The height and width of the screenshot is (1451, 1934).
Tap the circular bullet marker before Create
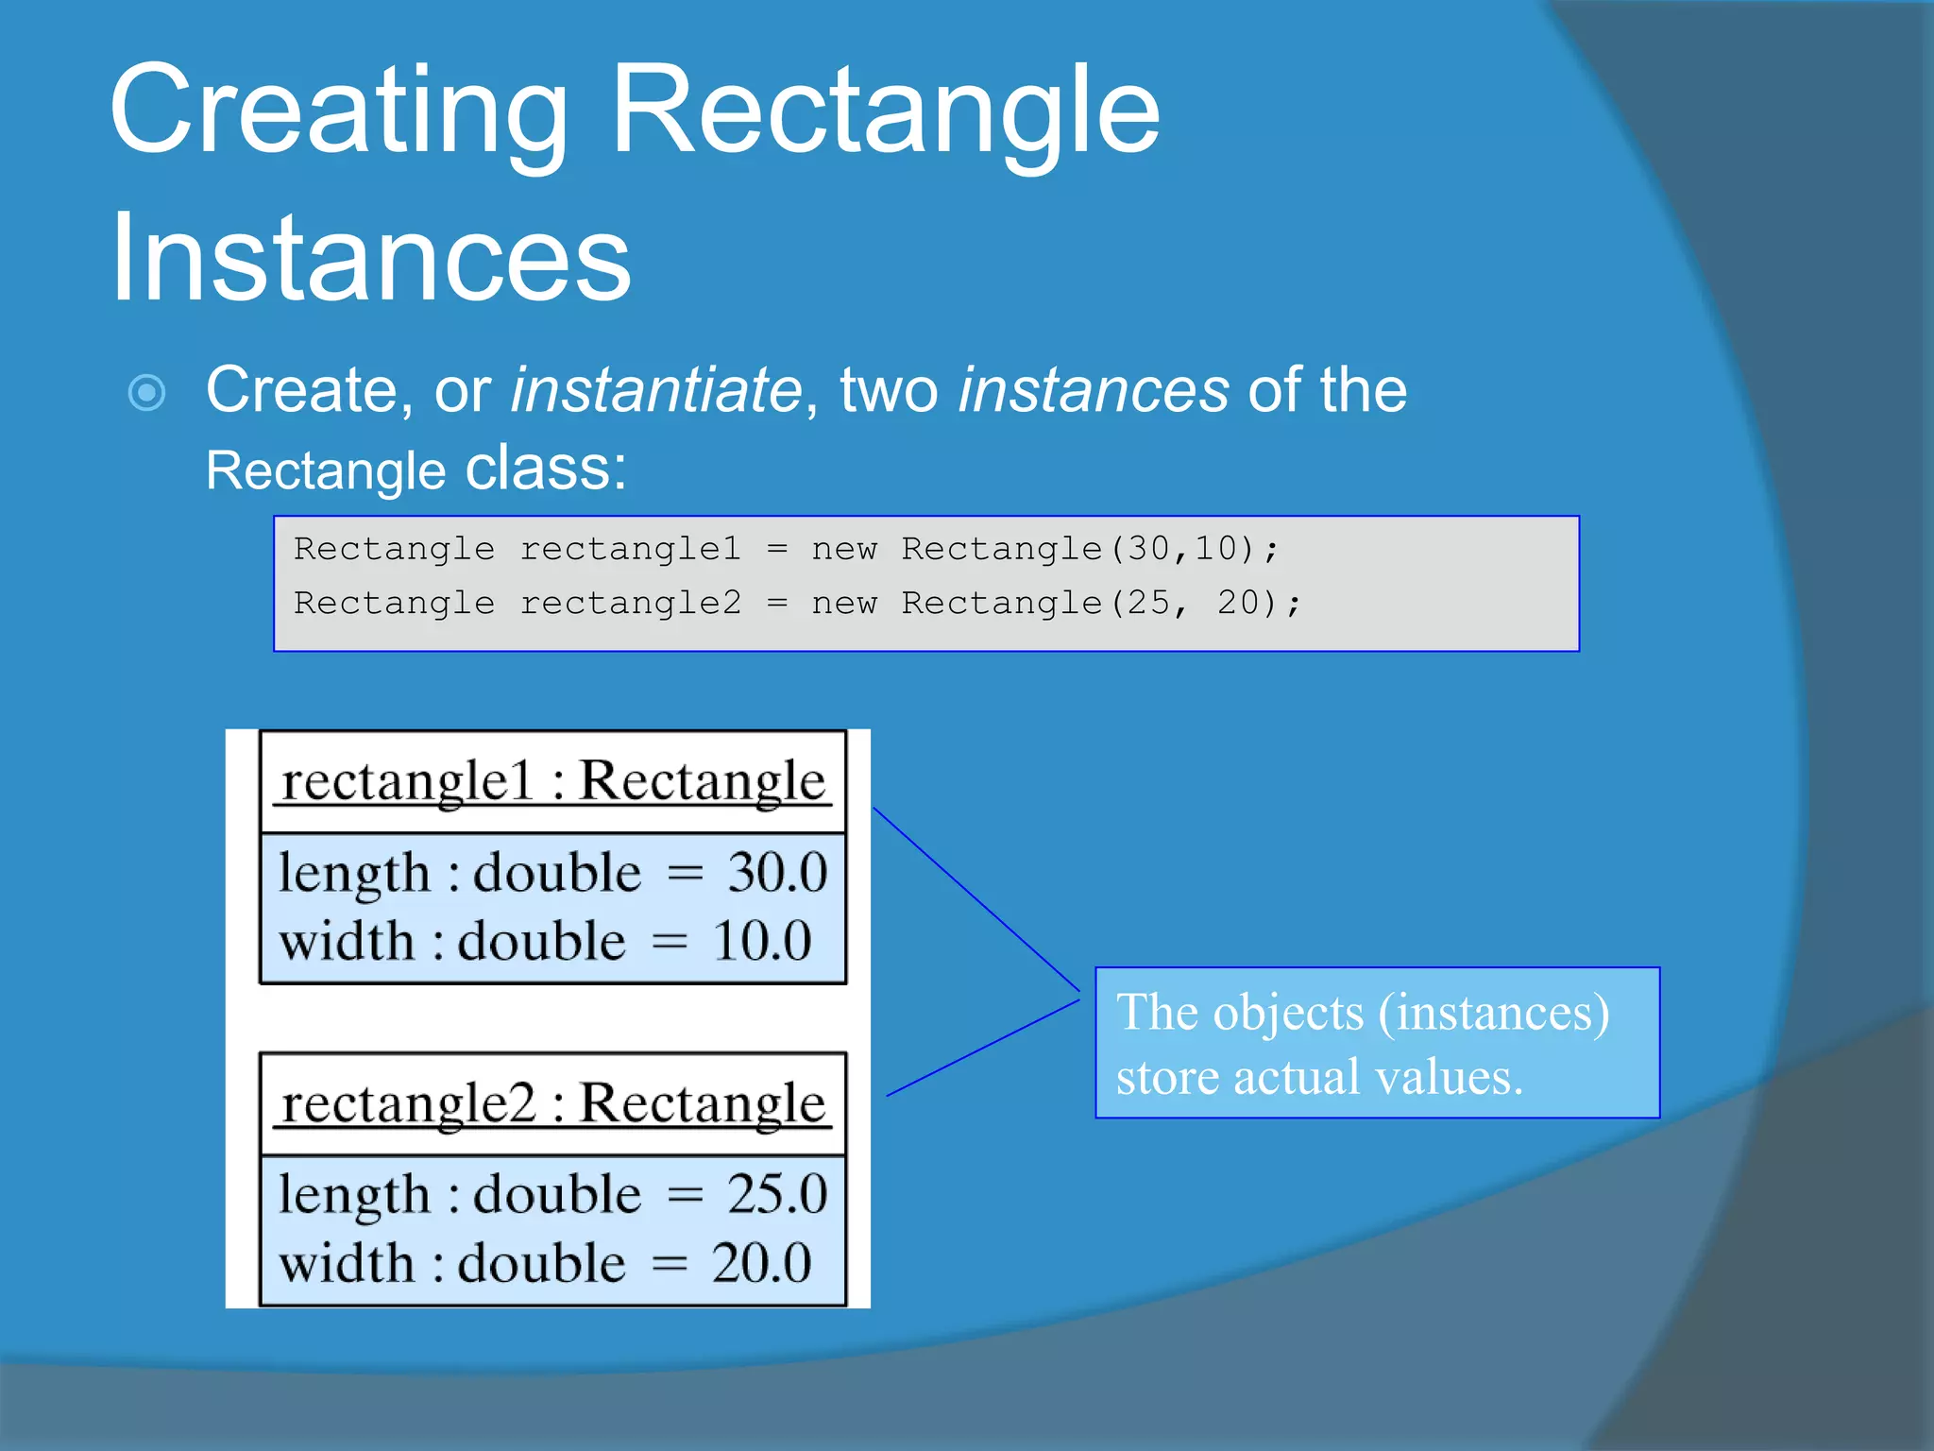pyautogui.click(x=147, y=392)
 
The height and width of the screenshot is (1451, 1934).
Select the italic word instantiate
pyautogui.click(x=655, y=390)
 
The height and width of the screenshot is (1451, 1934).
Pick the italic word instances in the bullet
pyautogui.click(x=1094, y=390)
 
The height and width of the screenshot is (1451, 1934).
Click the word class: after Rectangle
pyautogui.click(x=546, y=469)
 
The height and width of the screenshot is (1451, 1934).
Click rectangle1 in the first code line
pyautogui.click(x=631, y=549)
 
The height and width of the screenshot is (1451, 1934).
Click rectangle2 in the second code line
pyautogui.click(x=631, y=603)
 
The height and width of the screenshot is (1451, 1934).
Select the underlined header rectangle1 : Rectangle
pyautogui.click(x=553, y=782)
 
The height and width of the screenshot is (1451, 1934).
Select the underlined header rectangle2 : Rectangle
pyautogui.click(x=553, y=1103)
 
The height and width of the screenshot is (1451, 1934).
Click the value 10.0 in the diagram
pyautogui.click(x=761, y=942)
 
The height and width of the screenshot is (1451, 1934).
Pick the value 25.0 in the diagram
pyautogui.click(x=776, y=1194)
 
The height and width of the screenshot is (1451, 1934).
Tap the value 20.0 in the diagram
pyautogui.click(x=761, y=1264)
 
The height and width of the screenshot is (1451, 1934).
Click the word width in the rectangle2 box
pyautogui.click(x=347, y=1264)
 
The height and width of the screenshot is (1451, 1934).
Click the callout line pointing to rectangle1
pyautogui.click(x=975, y=898)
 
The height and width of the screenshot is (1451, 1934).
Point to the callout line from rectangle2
pyautogui.click(x=982, y=1048)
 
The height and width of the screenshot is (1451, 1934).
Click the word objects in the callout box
pyautogui.click(x=1288, y=1013)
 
